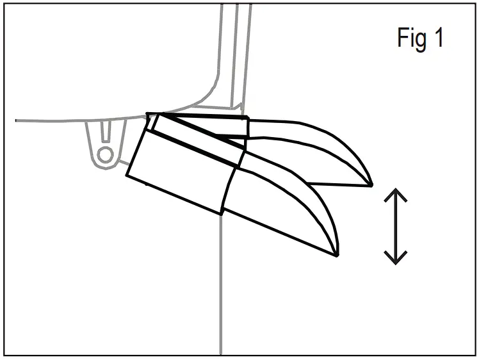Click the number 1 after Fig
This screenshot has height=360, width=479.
[438, 38]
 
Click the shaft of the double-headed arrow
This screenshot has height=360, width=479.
[396, 227]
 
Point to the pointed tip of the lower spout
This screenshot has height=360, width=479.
[337, 255]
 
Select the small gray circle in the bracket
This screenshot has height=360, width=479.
[106, 154]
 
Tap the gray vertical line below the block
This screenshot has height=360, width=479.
[221, 288]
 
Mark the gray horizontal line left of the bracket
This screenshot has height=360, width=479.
[51, 120]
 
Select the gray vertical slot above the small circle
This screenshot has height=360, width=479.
[106, 133]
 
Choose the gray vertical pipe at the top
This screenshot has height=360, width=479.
[234, 51]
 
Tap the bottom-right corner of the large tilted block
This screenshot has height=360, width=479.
[222, 214]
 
